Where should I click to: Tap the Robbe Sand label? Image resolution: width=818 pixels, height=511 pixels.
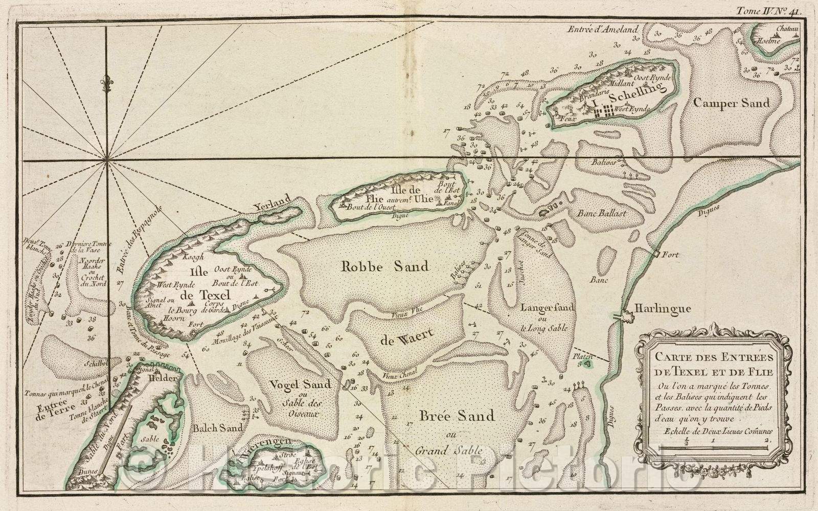(385, 266)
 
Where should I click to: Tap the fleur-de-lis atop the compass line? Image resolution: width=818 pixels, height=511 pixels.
(106, 83)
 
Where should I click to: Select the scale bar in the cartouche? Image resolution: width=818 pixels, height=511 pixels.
(714, 447)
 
